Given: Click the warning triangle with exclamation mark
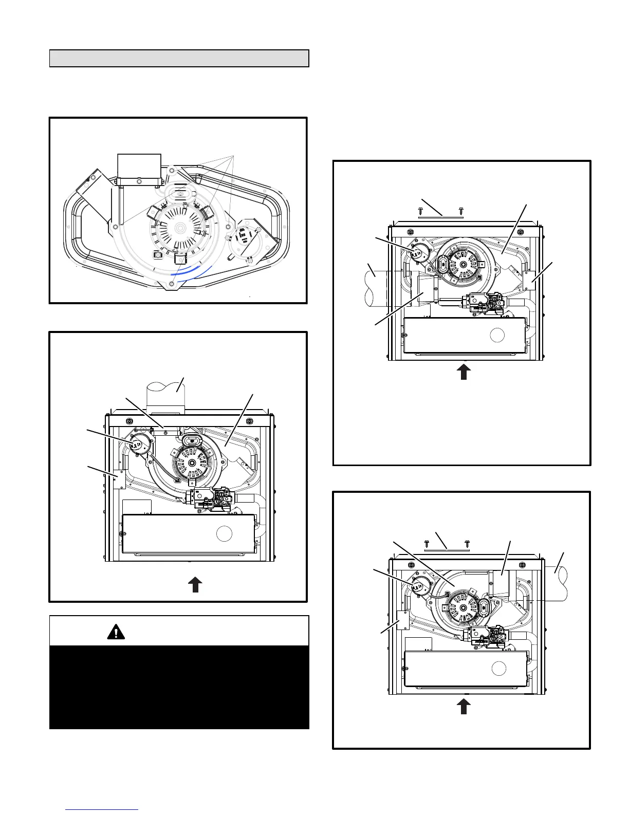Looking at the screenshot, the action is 116,632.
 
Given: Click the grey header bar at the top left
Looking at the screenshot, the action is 179,59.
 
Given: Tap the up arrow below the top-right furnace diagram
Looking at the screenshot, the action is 464,372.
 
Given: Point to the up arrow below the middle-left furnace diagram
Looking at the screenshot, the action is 195,585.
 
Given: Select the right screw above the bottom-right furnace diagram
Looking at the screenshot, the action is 467,543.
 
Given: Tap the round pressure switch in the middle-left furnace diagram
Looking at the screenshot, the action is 137,445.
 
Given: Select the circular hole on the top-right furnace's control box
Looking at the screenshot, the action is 497,335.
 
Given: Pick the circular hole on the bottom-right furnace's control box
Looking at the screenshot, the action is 498,669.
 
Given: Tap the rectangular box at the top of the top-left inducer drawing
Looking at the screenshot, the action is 139,167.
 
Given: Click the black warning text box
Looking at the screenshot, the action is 179,687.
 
